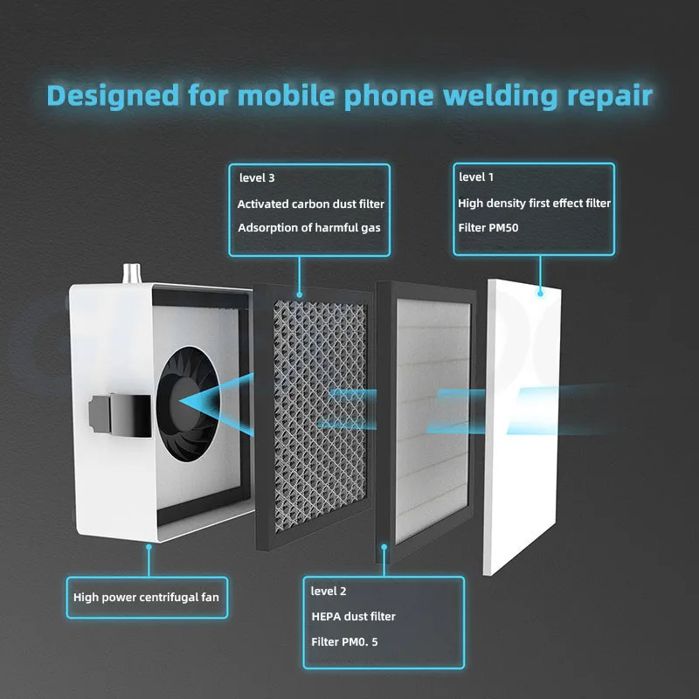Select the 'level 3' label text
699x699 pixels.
click(257, 177)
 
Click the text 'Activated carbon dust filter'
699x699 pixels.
click(310, 204)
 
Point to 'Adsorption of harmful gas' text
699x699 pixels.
click(308, 228)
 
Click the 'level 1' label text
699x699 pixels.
click(476, 176)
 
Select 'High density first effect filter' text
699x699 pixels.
click(534, 203)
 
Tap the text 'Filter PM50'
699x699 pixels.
click(488, 227)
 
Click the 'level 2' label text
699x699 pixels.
click(329, 592)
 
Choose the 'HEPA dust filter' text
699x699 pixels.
click(353, 616)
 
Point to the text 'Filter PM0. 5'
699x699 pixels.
click(346, 641)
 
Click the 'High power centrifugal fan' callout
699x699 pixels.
click(146, 598)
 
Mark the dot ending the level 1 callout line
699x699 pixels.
click(539, 293)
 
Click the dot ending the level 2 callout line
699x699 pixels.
click(384, 547)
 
